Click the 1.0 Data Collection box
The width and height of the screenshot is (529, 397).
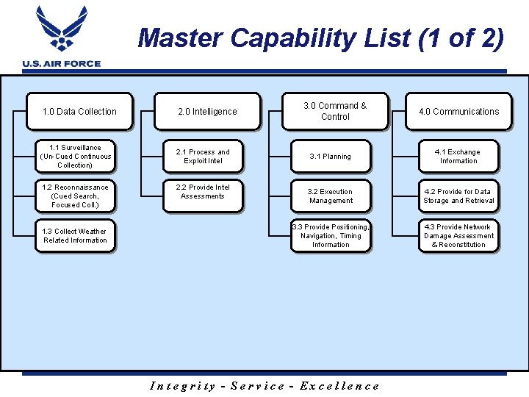click(x=79, y=112)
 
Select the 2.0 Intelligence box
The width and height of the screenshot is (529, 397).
click(x=207, y=112)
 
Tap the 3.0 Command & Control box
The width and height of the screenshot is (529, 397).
click(x=335, y=112)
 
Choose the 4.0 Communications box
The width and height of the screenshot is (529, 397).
click(x=458, y=112)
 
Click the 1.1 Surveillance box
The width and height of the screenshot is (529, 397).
click(x=76, y=157)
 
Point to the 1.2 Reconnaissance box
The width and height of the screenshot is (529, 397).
click(x=75, y=196)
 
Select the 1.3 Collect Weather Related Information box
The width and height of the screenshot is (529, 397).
click(x=75, y=236)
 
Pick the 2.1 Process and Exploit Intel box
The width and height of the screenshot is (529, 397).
click(x=203, y=157)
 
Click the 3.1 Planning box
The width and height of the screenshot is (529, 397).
click(x=331, y=157)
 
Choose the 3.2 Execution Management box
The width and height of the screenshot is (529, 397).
click(x=331, y=196)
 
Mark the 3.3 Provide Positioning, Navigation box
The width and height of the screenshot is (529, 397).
click(x=331, y=236)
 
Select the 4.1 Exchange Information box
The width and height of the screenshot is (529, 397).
click(x=458, y=157)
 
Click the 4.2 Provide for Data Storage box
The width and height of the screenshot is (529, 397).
click(x=458, y=196)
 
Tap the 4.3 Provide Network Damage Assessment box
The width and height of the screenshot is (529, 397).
click(x=458, y=236)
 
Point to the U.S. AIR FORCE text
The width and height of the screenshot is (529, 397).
click(x=62, y=64)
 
